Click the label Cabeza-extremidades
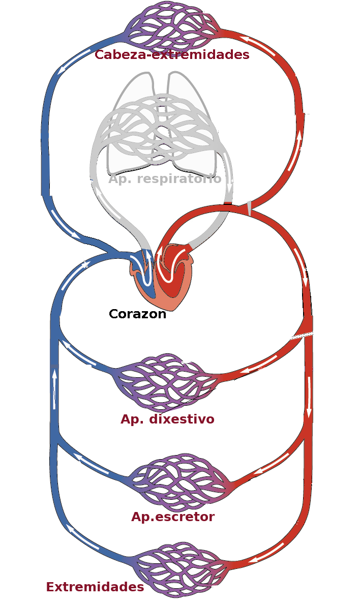[x=172, y=55]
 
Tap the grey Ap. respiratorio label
[x=165, y=179]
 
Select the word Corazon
[x=137, y=314]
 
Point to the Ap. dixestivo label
[x=167, y=419]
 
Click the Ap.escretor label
[x=173, y=517]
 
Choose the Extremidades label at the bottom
[x=95, y=587]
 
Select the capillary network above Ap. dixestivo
[x=165, y=381]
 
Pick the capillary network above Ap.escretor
[x=178, y=480]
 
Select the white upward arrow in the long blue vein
[x=54, y=389]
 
